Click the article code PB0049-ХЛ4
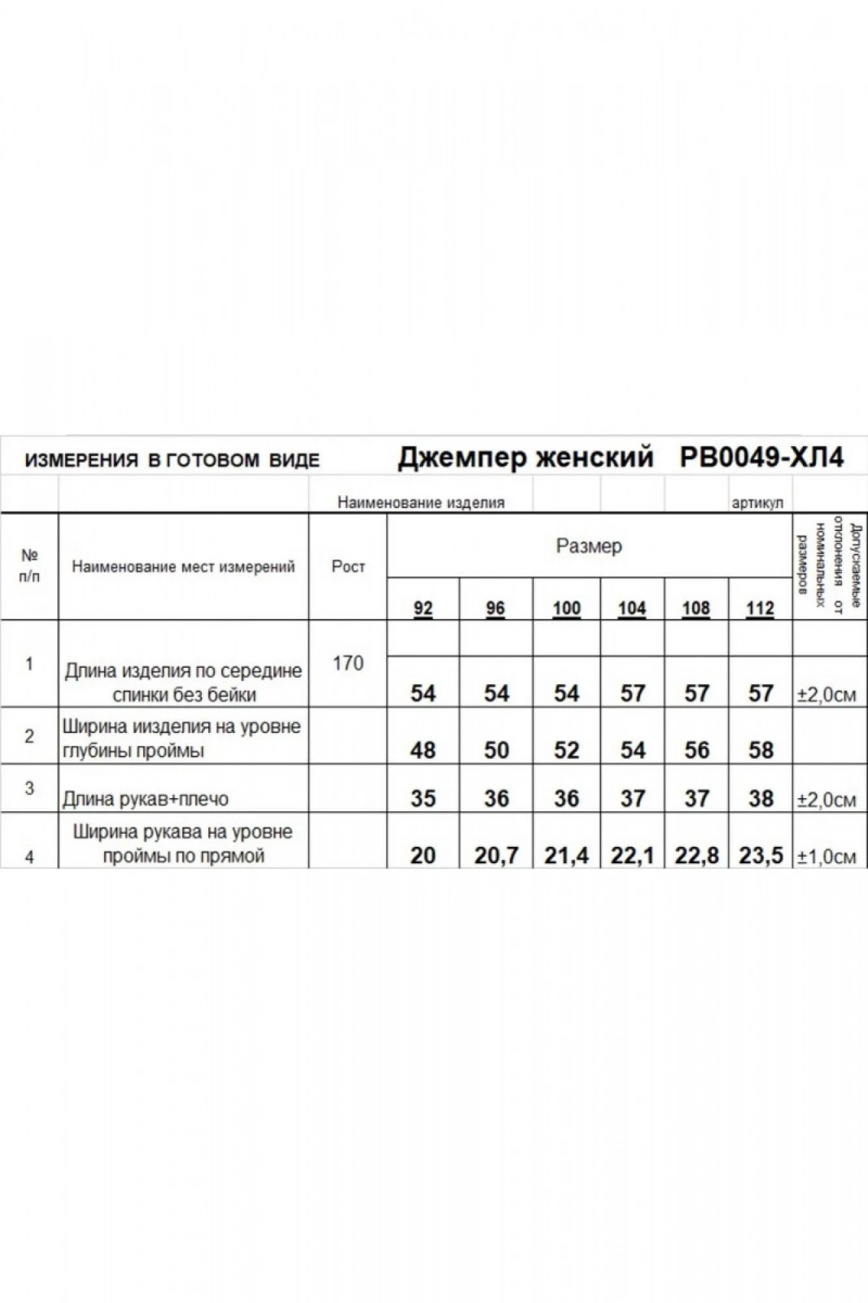point(761,458)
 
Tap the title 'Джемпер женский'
point(525,458)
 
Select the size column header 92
point(423,609)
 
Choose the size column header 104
point(632,609)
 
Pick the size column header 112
point(760,609)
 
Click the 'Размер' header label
point(589,546)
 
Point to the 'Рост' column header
point(348,567)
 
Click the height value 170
point(348,663)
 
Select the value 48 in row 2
point(423,751)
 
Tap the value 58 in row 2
point(761,751)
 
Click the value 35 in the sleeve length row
point(423,799)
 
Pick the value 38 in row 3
point(761,799)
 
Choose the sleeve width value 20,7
point(496,855)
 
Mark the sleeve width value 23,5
point(761,855)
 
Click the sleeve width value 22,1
point(632,855)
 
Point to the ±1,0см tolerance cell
point(826,857)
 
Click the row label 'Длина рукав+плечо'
point(145,799)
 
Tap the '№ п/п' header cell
point(29,566)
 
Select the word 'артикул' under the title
point(757,503)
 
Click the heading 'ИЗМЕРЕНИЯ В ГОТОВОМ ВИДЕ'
point(172,461)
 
